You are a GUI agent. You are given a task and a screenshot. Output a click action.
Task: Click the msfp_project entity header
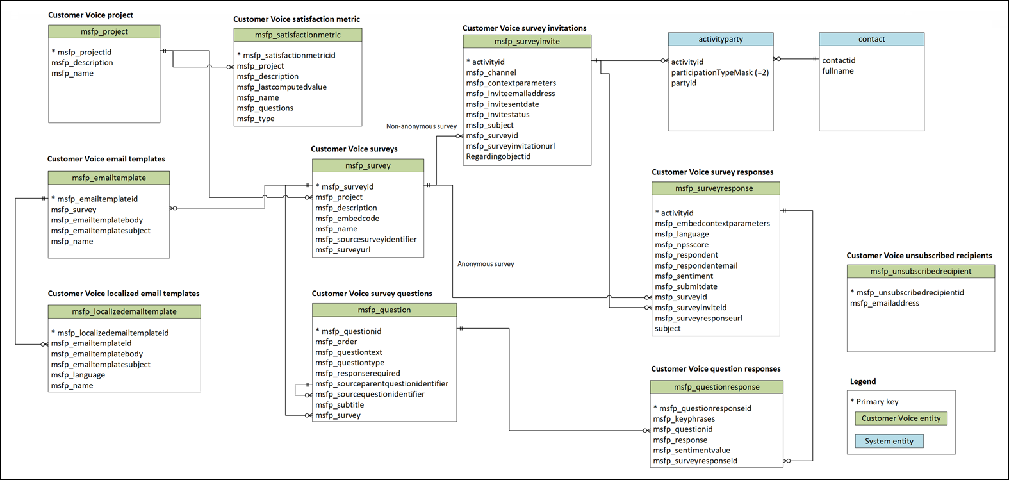(104, 31)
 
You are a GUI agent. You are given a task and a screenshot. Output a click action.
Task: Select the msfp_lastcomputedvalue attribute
(281, 87)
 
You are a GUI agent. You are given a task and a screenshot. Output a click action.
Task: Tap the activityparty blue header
(721, 39)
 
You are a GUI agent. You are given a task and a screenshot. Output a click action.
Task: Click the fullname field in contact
(837, 71)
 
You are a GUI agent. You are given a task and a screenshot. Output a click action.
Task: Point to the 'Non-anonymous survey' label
(421, 126)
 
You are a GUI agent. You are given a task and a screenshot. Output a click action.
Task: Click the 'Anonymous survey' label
(485, 264)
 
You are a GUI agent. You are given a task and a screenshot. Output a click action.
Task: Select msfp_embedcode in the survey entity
(347, 219)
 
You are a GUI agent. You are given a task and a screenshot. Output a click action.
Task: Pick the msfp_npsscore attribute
(681, 245)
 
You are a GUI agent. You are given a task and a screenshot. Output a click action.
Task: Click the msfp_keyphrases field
(684, 419)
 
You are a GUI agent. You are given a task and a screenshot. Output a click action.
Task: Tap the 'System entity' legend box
(889, 441)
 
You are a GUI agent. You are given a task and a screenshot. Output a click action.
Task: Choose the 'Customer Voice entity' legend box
(900, 418)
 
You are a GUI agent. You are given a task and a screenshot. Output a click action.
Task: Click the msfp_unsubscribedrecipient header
(920, 271)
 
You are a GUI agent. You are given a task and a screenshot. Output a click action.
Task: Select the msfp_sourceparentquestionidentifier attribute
(381, 384)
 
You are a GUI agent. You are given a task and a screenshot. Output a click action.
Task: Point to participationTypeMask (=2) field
(719, 72)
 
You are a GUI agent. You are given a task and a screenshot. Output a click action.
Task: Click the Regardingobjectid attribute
(498, 156)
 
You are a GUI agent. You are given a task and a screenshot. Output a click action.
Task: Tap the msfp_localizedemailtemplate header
(124, 311)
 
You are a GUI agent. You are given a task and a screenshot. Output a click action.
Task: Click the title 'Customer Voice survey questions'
(372, 294)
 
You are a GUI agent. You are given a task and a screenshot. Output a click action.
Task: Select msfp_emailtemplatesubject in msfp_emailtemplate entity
(101, 231)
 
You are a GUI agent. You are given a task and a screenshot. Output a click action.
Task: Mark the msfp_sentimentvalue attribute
(691, 451)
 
